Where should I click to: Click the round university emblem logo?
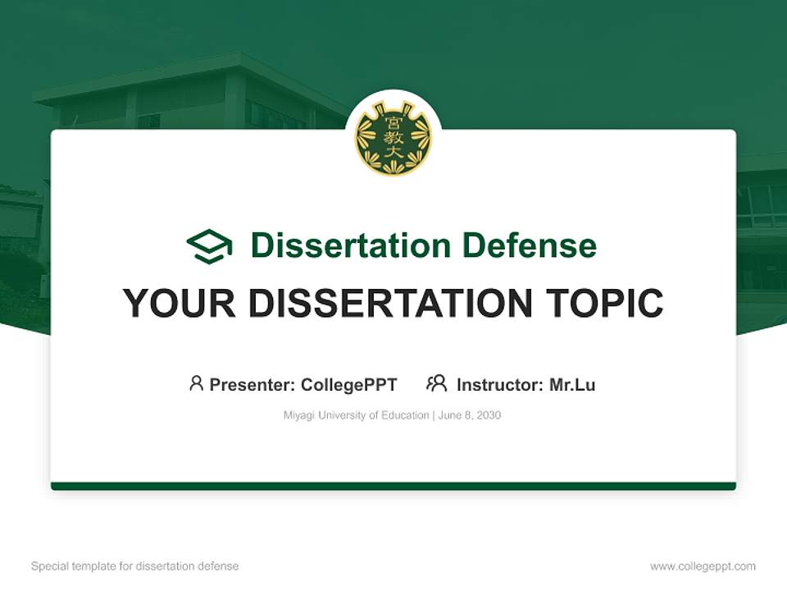click(393, 138)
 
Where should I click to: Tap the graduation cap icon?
click(209, 246)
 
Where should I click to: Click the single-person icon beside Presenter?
click(196, 383)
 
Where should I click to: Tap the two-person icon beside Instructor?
click(436, 383)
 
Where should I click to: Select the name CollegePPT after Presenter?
click(348, 385)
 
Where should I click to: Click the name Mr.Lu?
click(572, 385)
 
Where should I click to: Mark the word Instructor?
click(499, 385)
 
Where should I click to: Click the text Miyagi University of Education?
click(356, 415)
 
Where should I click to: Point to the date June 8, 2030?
click(470, 415)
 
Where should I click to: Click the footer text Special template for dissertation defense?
click(134, 566)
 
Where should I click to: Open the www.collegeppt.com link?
click(703, 566)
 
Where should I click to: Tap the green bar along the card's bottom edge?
click(393, 486)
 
